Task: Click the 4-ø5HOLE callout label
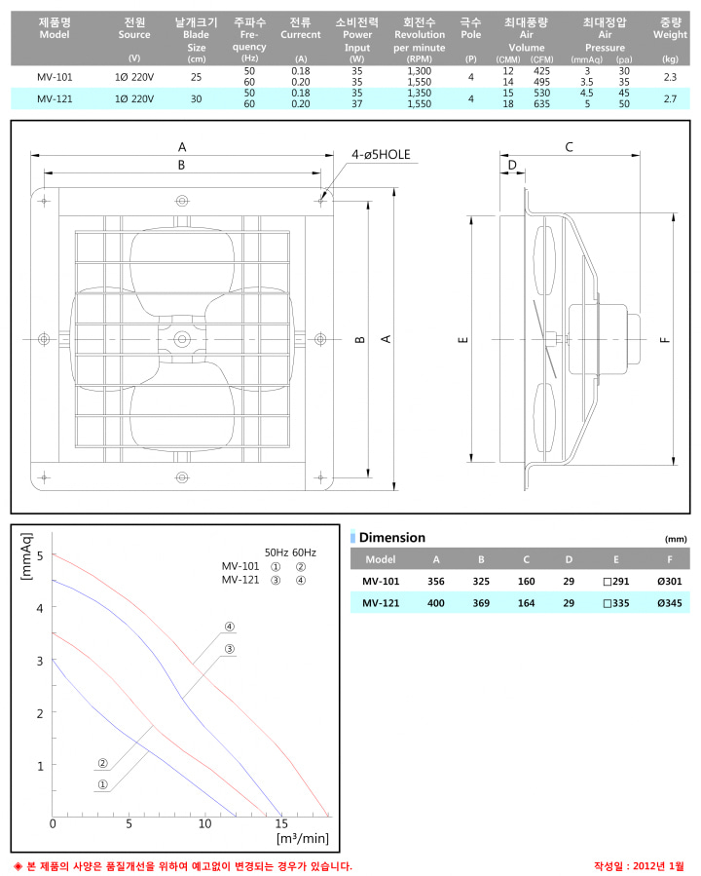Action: pyautogui.click(x=381, y=154)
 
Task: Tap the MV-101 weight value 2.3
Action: pyautogui.click(x=670, y=77)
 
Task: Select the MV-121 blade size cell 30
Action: pyautogui.click(x=196, y=98)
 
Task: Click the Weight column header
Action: pyautogui.click(x=670, y=28)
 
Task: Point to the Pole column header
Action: pyautogui.click(x=470, y=28)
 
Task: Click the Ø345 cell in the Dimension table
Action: pyautogui.click(x=669, y=603)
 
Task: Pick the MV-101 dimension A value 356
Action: pyautogui.click(x=436, y=581)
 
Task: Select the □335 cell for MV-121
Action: pyautogui.click(x=616, y=603)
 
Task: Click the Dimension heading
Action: pyautogui.click(x=391, y=538)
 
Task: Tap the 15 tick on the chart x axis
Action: pyautogui.click(x=281, y=823)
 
